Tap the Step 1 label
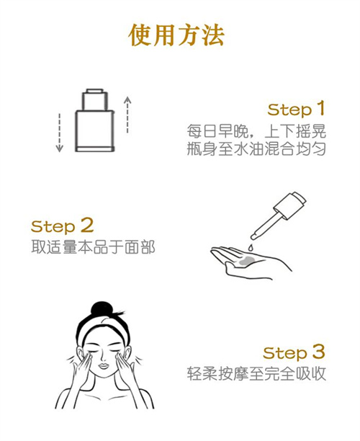click(x=296, y=110)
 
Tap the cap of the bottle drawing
click(x=94, y=96)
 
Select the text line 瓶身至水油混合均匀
click(x=255, y=150)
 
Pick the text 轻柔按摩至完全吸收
click(x=255, y=374)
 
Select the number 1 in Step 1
click(x=320, y=109)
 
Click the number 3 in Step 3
click(x=318, y=352)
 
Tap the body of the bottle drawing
click(x=94, y=127)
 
